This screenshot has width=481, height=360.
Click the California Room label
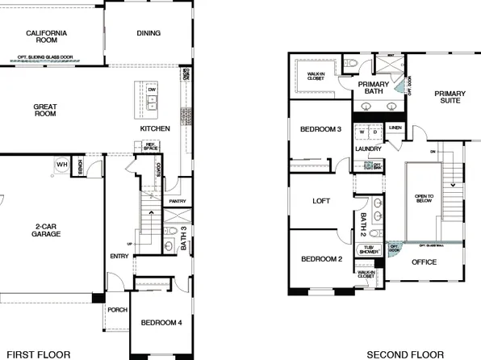click(x=46, y=37)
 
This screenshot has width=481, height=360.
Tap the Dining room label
click(x=148, y=33)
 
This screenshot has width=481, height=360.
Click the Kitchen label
click(x=155, y=128)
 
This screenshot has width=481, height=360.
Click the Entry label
click(x=119, y=257)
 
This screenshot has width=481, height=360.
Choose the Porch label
click(x=118, y=309)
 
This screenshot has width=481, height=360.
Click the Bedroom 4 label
click(x=161, y=323)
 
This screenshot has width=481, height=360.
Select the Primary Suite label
click(x=450, y=98)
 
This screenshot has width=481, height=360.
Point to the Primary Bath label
click(x=373, y=88)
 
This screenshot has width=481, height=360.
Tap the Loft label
click(x=322, y=203)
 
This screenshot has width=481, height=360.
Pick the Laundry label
click(x=368, y=149)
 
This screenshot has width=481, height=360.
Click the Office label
click(x=423, y=262)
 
